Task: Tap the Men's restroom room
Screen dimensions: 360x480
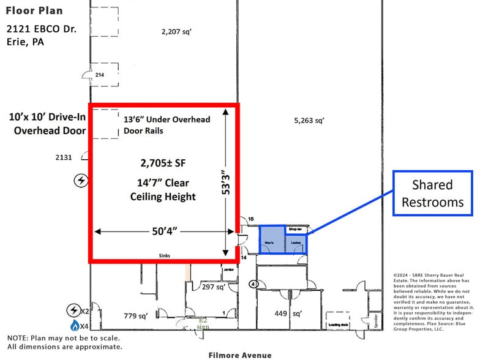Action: coord(271,239)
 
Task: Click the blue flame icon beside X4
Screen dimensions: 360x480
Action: coord(75,324)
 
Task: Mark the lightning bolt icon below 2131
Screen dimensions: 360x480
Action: coord(80,180)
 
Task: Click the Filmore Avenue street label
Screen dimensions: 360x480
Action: coord(239,354)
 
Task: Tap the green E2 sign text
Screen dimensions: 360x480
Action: coord(203,323)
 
